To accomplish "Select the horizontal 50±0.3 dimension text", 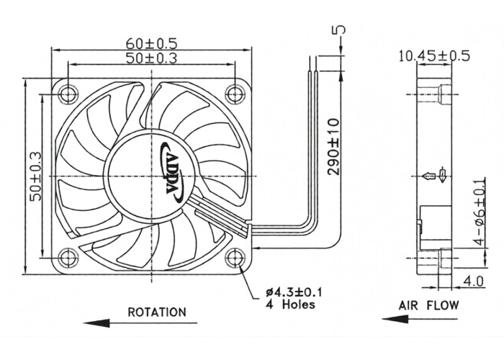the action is (x=151, y=58).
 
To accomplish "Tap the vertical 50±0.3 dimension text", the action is (x=35, y=176).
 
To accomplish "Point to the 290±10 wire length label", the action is (x=333, y=147).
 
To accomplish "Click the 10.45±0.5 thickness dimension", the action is (x=434, y=56).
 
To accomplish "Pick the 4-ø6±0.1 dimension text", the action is (x=480, y=211).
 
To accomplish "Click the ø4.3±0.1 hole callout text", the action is (x=294, y=292).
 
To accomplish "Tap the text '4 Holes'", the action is (x=291, y=305).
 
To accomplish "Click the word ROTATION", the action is (x=157, y=312).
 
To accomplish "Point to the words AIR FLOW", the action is (x=429, y=305).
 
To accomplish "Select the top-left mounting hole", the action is (x=68, y=94).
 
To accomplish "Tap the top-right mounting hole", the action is (x=235, y=94).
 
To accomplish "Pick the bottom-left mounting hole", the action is (x=68, y=258).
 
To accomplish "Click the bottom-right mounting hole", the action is (x=235, y=258).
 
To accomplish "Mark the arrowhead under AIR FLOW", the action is (x=395, y=320).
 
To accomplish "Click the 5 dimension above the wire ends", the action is (x=341, y=30).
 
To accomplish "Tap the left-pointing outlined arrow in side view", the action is (x=428, y=176).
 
